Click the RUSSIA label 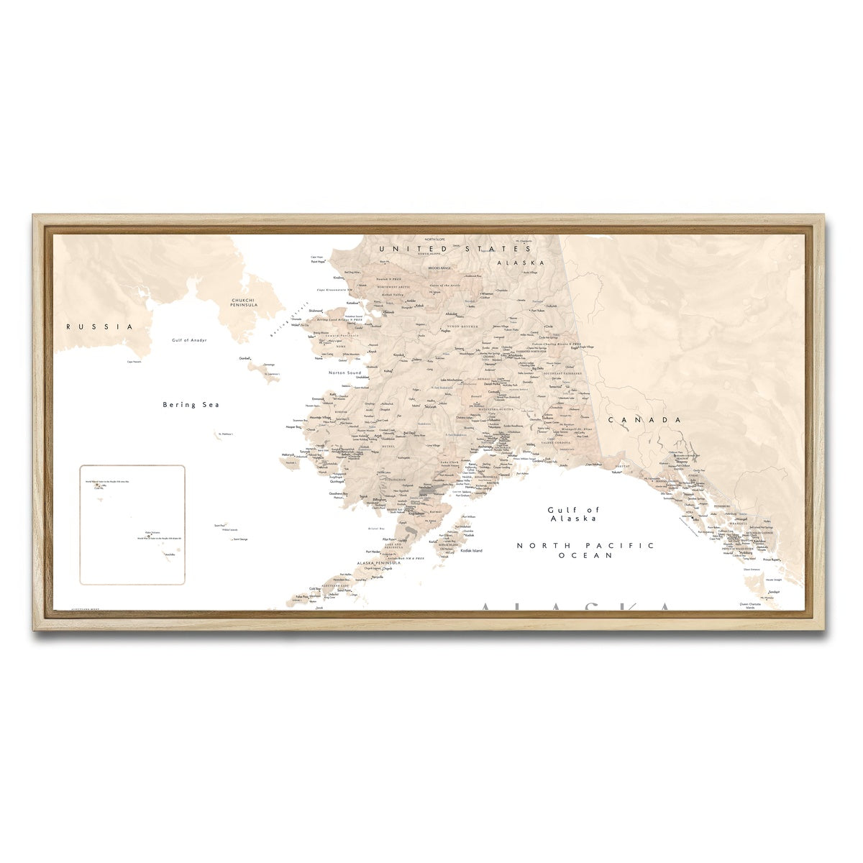pyautogui.click(x=100, y=327)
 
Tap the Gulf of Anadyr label pyautogui.click(x=189, y=339)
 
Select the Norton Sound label pyautogui.click(x=344, y=373)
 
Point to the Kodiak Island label pyautogui.click(x=472, y=551)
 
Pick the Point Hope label pyautogui.click(x=318, y=262)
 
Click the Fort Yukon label pyautogui.click(x=539, y=310)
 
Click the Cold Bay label pyautogui.click(x=315, y=589)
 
